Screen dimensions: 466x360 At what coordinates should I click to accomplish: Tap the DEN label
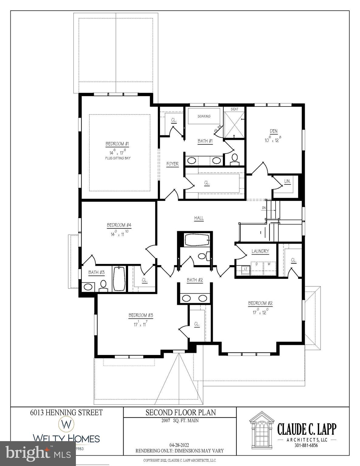coord(273,131)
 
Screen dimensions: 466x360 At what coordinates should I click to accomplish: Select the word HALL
coord(199,218)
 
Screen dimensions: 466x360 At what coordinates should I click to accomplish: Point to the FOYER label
coord(172,164)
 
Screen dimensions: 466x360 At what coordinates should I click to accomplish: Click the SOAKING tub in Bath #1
coord(204,116)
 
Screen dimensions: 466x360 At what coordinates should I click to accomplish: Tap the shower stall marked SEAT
coord(234,123)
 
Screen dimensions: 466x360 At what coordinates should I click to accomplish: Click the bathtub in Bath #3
coord(119,279)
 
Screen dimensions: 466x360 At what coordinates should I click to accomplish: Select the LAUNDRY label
coord(260,251)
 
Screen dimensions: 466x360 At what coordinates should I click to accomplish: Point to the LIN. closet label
coord(287,181)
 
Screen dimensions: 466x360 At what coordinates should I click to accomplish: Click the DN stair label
coord(264,208)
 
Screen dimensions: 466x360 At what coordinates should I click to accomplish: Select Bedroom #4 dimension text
coord(118,234)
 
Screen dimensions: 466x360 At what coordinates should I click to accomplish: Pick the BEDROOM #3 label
coord(141,315)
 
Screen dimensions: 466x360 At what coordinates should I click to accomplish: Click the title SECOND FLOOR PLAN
coord(181,413)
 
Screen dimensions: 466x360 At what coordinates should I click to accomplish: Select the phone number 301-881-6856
coord(306,446)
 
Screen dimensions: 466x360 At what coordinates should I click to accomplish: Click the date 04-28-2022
coord(179,445)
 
